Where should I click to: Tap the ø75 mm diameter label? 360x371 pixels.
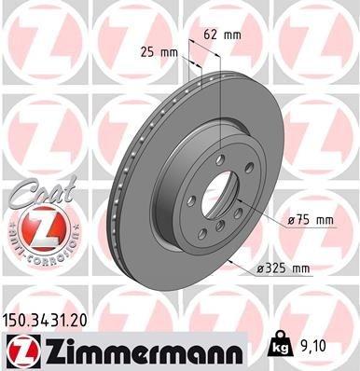312,220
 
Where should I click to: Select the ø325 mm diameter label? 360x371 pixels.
284,269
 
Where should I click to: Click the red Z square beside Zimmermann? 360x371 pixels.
20,350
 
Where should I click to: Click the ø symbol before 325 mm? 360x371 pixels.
260,269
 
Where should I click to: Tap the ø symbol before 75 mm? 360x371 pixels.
290,220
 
